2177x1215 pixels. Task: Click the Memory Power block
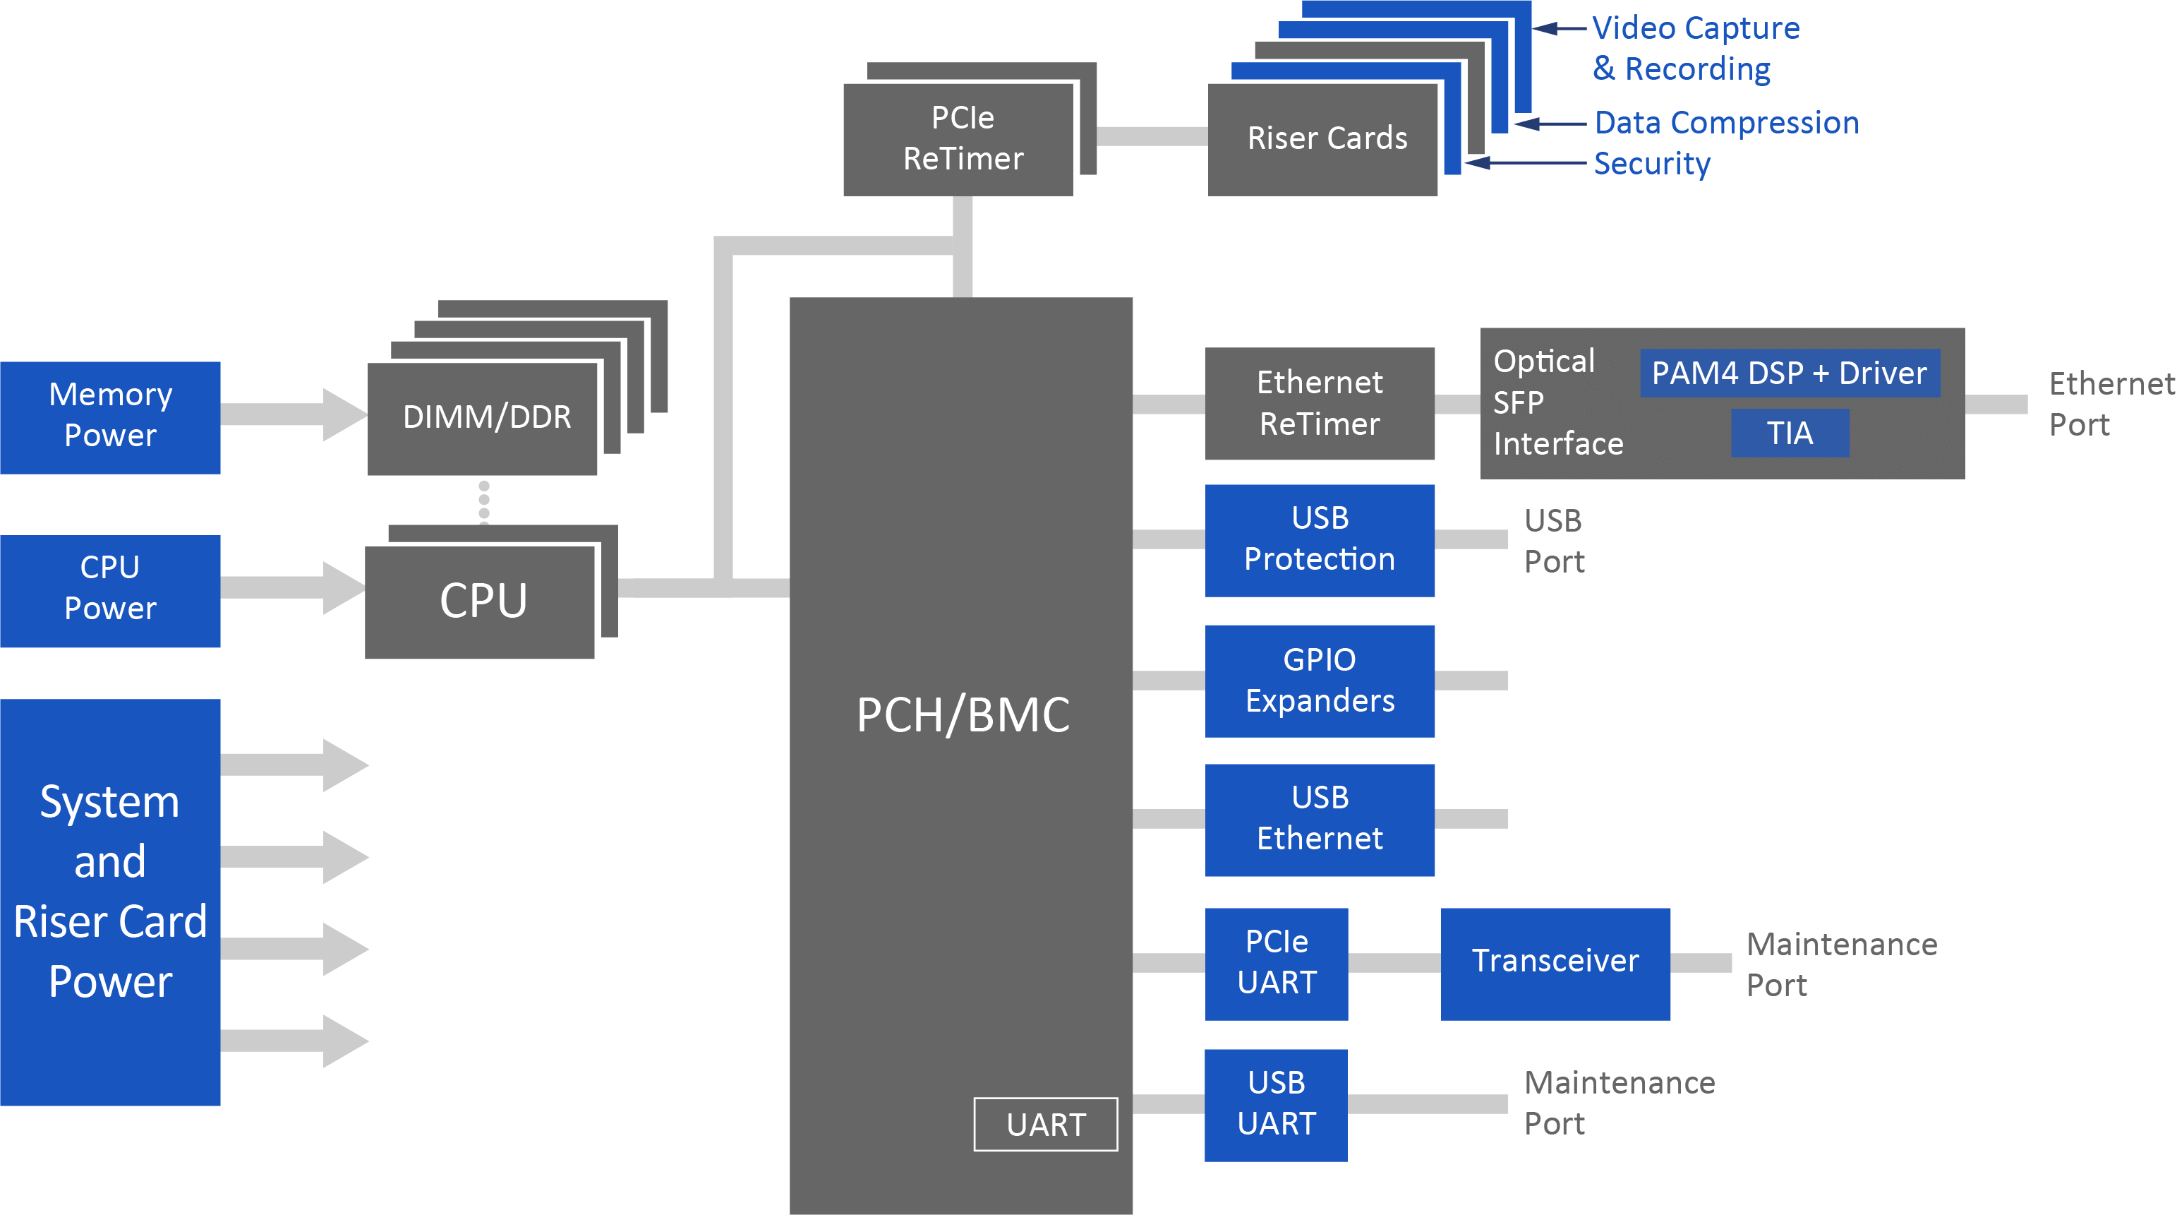(110, 417)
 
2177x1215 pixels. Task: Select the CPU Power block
(110, 590)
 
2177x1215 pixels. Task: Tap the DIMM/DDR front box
(483, 419)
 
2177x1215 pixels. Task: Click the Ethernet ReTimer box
(1319, 403)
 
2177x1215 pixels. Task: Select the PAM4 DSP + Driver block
(1789, 373)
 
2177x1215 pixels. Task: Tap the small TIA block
(1789, 433)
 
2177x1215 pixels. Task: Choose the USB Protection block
(1319, 539)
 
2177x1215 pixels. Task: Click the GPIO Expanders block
(1319, 681)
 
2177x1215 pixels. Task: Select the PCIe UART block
(1276, 963)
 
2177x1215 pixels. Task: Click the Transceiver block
(1555, 963)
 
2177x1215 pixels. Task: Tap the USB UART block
(1275, 1104)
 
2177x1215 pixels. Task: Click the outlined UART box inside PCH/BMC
(1045, 1125)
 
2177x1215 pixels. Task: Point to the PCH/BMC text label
(963, 714)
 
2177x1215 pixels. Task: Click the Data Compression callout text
(1725, 124)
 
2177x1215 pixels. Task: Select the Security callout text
(1651, 163)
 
